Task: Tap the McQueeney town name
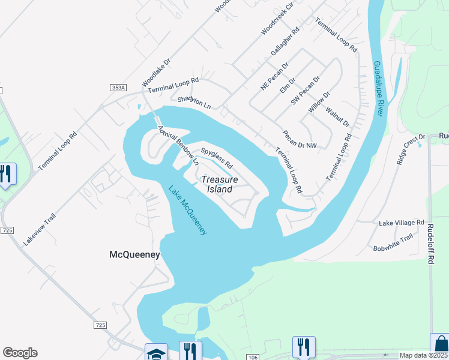coord(134,254)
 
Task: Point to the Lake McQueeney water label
coord(188,209)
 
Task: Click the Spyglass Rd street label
coord(216,158)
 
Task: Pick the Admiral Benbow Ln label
coord(178,145)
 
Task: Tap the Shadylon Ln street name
coord(194,102)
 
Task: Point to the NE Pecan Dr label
coord(274,76)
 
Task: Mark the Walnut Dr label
coord(337,115)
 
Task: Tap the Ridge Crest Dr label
coord(411,149)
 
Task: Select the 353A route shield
coord(119,88)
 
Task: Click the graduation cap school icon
coord(155,353)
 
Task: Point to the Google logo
coord(20,353)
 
